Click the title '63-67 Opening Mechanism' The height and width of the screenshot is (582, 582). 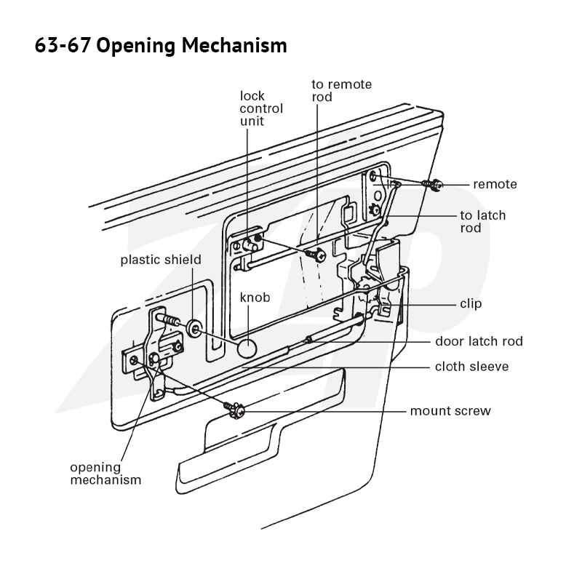[161, 46]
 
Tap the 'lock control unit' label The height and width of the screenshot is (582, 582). [261, 108]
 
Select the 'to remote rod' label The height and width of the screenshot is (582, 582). [341, 90]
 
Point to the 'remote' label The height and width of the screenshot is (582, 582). [495, 184]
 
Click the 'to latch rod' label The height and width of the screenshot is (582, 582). [483, 221]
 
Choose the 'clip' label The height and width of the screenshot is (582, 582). [471, 303]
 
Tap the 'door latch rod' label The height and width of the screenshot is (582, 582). [479, 341]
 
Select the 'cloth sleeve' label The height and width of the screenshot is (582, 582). [471, 367]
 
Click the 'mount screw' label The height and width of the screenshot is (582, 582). [450, 411]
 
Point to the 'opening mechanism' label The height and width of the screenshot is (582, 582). [105, 474]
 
